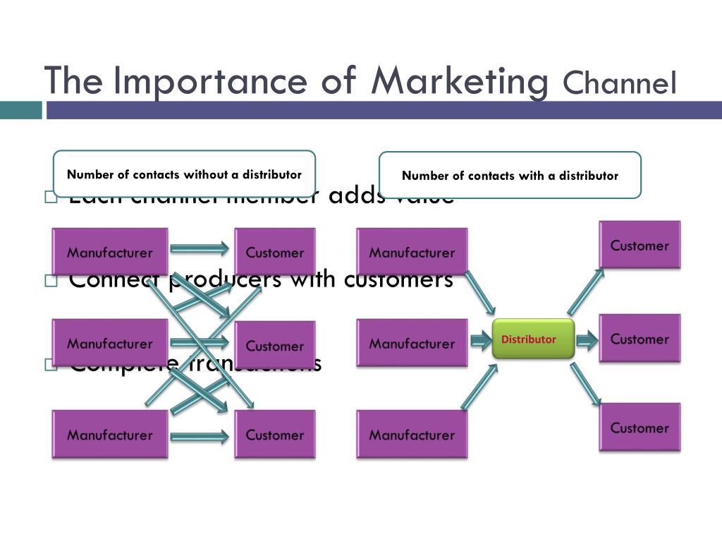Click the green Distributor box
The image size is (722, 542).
533,339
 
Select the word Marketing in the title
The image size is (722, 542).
460,80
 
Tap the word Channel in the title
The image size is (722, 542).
620,83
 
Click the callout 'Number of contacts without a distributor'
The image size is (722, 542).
184,174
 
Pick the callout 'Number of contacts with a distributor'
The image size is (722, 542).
510,175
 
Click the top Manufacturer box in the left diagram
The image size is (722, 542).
110,252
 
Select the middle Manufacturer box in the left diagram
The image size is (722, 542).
110,343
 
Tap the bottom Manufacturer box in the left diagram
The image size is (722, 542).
110,434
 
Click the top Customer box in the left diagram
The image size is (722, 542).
274,252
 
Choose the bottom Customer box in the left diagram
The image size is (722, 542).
274,434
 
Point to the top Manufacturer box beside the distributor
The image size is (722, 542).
412,252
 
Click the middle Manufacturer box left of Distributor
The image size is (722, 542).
412,343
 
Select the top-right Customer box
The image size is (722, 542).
640,245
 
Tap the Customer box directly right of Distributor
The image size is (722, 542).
640,338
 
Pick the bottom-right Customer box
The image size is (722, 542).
640,427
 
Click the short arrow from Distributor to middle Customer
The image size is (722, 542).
587,341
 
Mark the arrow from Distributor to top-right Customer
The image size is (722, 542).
585,291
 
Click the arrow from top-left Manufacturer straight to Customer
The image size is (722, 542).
200,248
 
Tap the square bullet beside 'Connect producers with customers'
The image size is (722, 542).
50,281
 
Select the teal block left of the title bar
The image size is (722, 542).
20,110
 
